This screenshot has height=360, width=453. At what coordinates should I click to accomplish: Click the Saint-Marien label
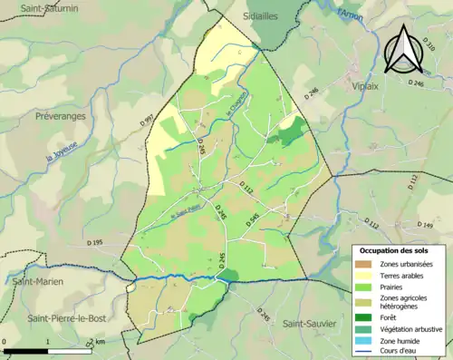38,282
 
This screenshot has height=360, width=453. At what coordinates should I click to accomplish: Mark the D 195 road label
96,242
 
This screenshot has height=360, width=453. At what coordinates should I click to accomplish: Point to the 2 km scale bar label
98,342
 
